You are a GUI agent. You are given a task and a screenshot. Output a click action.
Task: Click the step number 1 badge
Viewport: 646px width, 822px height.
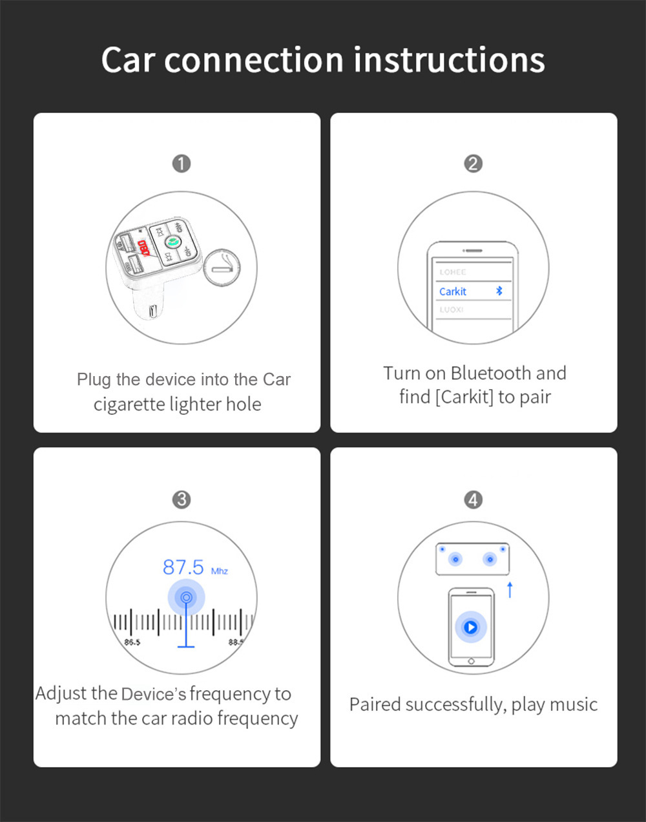click(182, 163)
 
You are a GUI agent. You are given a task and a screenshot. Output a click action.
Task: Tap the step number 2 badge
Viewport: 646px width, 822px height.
click(473, 163)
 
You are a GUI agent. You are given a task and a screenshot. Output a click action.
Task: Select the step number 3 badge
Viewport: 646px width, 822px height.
click(182, 500)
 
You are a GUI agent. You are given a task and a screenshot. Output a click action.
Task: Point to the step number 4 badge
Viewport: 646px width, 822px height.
click(473, 500)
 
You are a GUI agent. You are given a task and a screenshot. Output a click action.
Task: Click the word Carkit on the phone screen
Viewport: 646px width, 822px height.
click(452, 291)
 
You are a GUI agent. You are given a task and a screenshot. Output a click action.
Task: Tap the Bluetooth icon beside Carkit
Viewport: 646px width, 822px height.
click(499, 291)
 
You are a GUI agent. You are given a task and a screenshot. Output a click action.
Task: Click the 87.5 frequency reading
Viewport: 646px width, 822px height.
click(183, 567)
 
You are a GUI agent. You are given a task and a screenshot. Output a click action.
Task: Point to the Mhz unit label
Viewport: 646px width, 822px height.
click(220, 571)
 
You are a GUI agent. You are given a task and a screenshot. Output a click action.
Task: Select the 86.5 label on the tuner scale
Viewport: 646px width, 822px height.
click(132, 642)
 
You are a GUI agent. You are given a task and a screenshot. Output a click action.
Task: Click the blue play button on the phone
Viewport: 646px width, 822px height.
click(471, 627)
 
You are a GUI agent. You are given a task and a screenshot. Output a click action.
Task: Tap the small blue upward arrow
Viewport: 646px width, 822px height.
click(510, 589)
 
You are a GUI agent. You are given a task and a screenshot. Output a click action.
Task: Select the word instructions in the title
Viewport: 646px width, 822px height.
click(449, 59)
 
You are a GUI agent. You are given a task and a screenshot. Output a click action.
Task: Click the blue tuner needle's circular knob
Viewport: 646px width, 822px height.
click(186, 597)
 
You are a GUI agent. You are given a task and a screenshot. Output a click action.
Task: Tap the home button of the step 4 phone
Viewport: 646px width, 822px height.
click(471, 661)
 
